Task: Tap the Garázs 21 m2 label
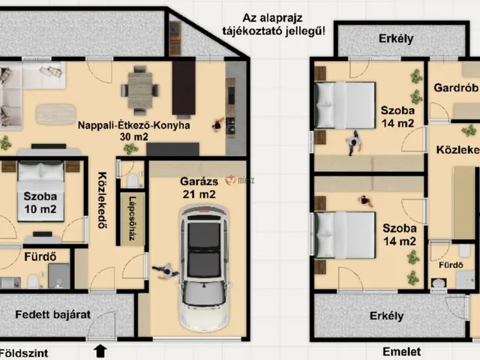199,187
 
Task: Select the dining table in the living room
140,90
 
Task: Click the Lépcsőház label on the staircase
132,218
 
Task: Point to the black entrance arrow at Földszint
100,351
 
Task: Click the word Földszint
24,353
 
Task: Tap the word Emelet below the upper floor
402,352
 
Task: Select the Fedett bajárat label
53,314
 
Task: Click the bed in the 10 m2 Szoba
40,191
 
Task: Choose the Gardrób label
456,88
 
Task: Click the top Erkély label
396,39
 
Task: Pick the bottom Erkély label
387,316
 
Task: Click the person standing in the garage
165,271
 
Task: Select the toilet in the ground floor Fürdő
33,281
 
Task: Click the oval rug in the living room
55,115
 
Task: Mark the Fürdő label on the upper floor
451,265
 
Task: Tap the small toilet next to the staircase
133,181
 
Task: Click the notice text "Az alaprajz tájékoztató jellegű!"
274,25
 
